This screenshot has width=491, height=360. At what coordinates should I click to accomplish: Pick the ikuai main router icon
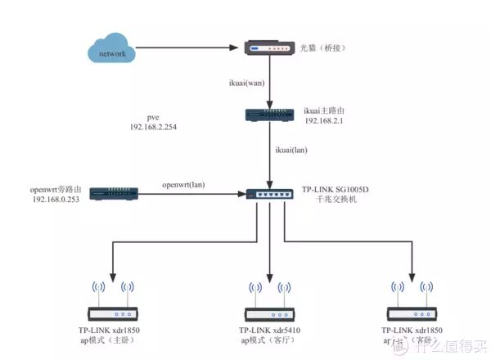click(x=269, y=115)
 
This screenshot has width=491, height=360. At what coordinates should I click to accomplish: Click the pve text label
click(x=151, y=118)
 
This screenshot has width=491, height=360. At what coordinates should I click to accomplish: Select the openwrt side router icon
click(x=114, y=194)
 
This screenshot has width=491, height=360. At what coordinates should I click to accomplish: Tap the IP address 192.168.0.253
click(x=56, y=200)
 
